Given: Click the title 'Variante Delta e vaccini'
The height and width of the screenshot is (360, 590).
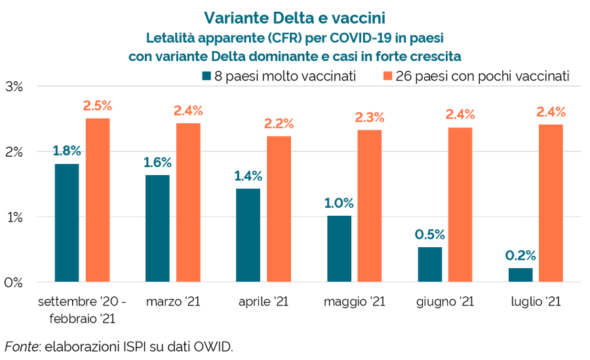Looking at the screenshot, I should click(294, 16).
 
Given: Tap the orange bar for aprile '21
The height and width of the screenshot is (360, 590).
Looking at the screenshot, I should click(279, 209).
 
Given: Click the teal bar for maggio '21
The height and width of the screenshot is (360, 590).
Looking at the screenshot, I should click(339, 249).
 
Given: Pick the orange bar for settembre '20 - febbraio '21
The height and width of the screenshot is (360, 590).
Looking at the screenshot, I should click(97, 200).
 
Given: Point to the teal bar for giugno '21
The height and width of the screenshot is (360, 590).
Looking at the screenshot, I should click(430, 264).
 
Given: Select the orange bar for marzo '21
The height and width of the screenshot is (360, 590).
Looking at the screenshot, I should click(188, 203).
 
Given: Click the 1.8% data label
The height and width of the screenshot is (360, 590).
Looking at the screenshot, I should click(67, 151).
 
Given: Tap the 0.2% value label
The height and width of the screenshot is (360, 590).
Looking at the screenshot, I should click(521, 255).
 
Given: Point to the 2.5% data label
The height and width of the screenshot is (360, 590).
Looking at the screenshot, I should click(97, 105).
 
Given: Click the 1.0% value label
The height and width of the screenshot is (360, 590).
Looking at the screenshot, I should click(339, 203).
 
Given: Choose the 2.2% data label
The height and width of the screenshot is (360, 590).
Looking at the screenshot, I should click(279, 123).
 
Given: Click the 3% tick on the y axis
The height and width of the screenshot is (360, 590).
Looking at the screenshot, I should click(14, 87).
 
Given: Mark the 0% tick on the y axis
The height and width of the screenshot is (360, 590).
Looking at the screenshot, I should click(14, 283).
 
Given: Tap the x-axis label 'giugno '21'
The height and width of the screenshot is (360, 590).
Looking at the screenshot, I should click(445, 302).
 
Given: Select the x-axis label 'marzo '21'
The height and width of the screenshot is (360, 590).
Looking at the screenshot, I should click(173, 302).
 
